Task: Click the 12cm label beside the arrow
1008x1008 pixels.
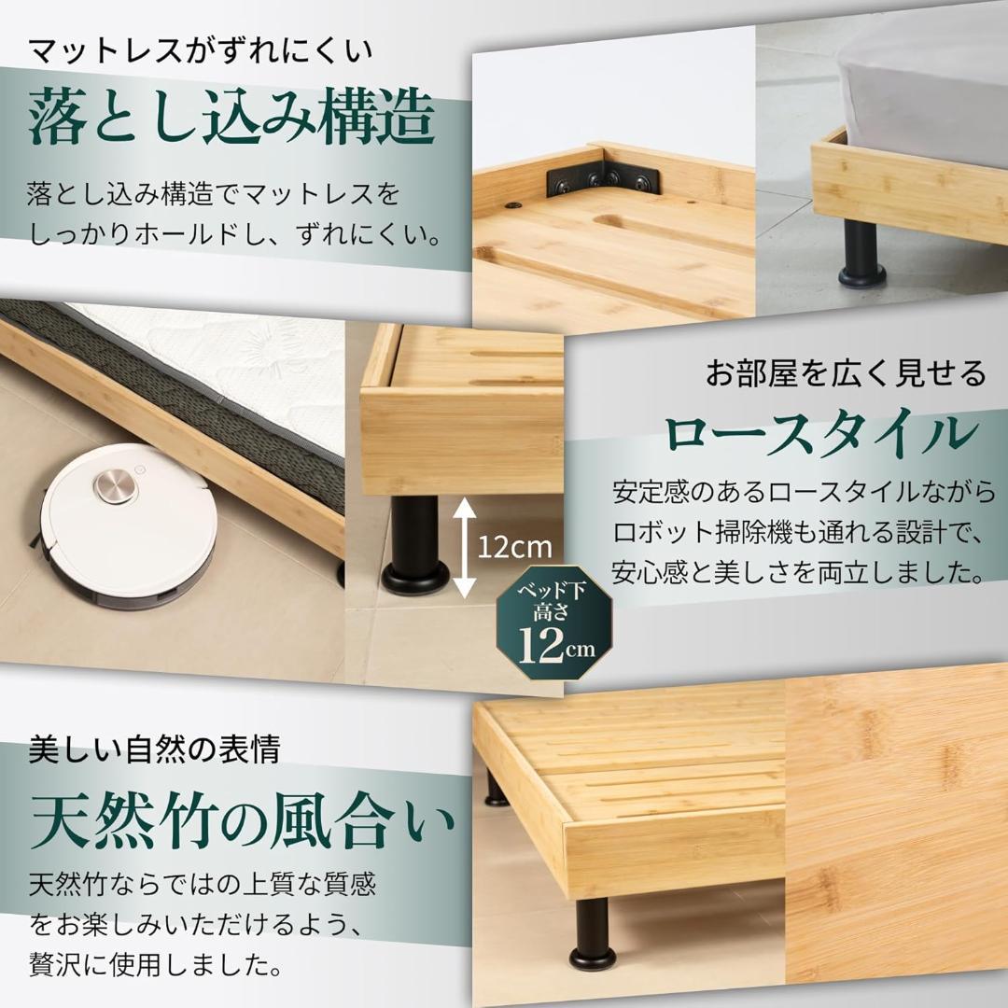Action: pos(514,546)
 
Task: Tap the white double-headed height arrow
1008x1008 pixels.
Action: pos(465,546)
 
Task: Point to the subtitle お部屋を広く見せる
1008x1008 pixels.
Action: pos(846,375)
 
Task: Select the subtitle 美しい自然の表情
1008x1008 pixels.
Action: pos(154,749)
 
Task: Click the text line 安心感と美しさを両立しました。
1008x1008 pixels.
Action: pos(797,568)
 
